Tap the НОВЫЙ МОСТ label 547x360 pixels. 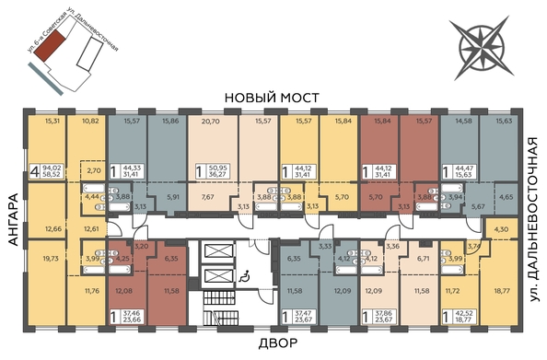273,98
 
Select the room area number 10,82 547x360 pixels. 90,121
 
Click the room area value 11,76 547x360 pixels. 90,293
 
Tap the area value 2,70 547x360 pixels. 93,170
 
